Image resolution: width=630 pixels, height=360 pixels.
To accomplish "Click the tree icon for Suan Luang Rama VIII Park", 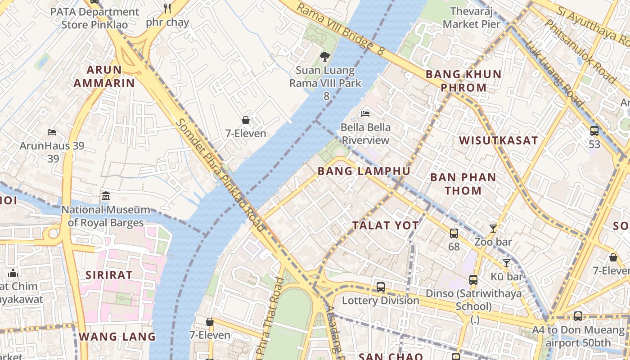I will click(x=324, y=57).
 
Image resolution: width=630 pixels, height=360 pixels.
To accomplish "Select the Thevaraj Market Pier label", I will click(x=471, y=18).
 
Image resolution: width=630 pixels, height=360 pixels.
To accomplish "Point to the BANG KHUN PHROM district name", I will click(x=463, y=81).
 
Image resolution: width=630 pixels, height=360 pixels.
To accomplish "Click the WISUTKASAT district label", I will click(x=498, y=140).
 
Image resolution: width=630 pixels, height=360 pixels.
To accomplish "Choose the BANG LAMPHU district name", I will click(x=364, y=171).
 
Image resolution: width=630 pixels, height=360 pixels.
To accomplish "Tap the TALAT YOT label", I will click(x=386, y=225).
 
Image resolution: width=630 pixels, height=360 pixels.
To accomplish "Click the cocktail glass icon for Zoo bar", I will click(x=493, y=229).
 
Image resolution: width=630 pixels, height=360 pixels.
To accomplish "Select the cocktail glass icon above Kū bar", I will click(x=507, y=263).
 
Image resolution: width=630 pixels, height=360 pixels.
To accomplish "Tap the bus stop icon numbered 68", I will click(x=454, y=234).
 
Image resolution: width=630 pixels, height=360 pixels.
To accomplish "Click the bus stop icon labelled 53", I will click(x=594, y=131).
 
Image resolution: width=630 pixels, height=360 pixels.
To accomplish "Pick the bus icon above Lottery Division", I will click(x=381, y=287).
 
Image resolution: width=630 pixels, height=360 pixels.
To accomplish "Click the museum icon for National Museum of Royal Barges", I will click(x=106, y=196).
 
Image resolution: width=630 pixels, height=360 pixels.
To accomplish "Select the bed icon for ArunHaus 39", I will click(x=52, y=132).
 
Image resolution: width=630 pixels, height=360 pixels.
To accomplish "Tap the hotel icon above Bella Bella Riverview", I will click(x=365, y=114).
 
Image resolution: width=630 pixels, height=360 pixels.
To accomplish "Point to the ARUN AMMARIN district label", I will click(x=104, y=76).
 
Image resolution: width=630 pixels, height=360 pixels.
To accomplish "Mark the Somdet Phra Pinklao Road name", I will click(x=220, y=175).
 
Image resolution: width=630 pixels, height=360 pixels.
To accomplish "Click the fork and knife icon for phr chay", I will click(x=167, y=8).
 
